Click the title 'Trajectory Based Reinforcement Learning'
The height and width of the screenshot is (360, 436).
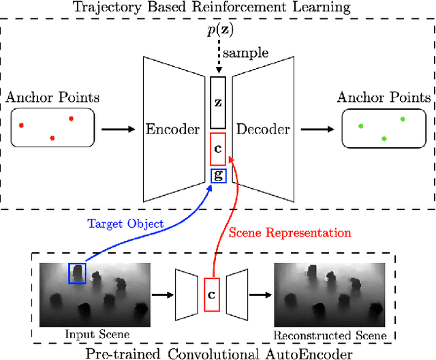point(218,8)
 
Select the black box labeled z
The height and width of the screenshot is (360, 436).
point(217,102)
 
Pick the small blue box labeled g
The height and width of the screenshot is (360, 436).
point(217,175)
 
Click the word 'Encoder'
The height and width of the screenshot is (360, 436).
point(173,129)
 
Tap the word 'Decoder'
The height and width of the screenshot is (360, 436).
point(263,129)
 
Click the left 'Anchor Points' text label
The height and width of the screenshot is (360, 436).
point(52,97)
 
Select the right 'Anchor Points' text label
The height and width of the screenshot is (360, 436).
point(384,97)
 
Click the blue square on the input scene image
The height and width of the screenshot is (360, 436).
point(77,273)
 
